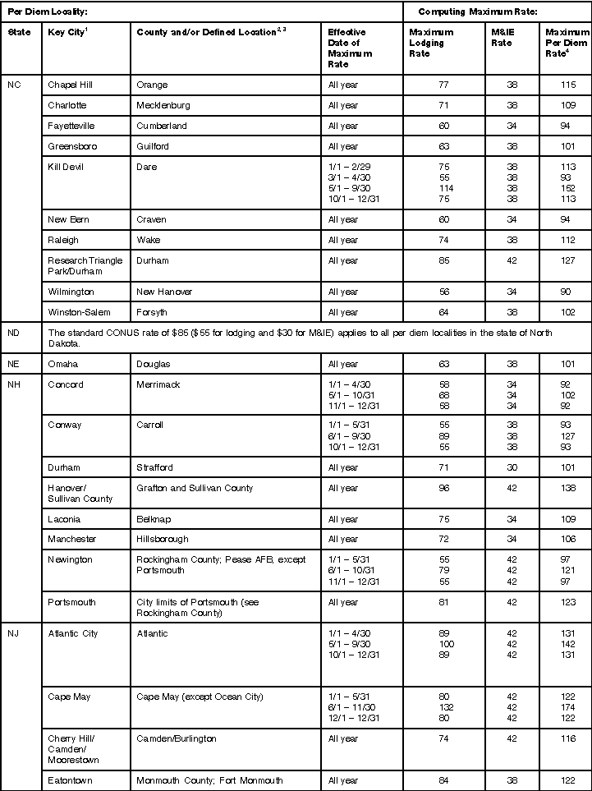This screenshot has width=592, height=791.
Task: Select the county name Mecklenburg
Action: coord(166,105)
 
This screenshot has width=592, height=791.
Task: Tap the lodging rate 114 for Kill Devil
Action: coord(443,186)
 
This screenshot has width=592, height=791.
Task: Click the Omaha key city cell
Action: coord(64,364)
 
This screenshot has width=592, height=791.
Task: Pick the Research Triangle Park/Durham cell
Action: coord(85,265)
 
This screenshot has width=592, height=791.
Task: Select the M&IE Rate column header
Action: coord(502,37)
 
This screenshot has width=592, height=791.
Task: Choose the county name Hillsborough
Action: coord(163,539)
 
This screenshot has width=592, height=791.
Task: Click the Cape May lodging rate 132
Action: coord(443,706)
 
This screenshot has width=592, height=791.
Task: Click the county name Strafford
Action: coord(155,467)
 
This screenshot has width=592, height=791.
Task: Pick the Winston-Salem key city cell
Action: coord(78,312)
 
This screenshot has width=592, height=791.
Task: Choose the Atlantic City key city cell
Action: coord(73,633)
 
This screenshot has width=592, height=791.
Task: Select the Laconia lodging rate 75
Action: coord(443,519)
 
